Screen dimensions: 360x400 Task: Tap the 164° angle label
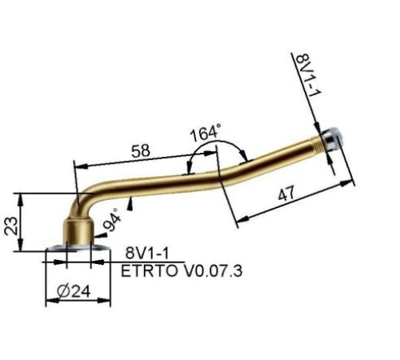tap(206, 133)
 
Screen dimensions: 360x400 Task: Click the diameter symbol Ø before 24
tap(64, 292)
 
